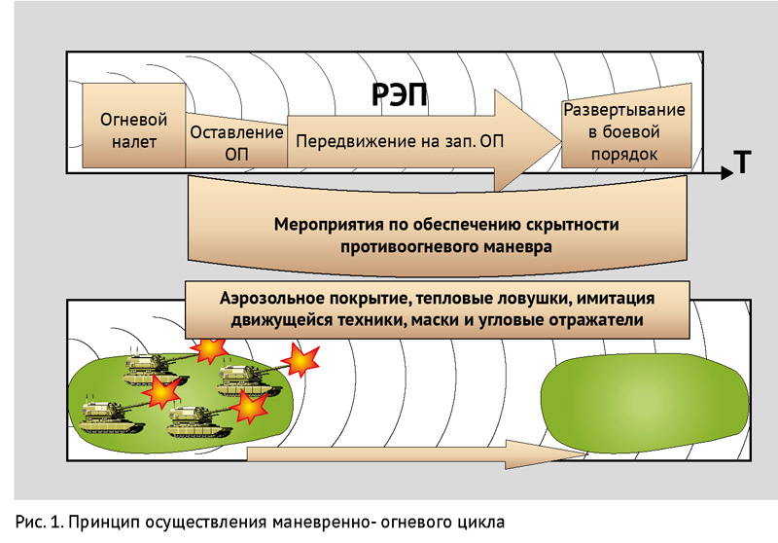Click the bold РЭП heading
point(399,94)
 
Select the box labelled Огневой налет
point(134,126)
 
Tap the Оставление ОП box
point(236,141)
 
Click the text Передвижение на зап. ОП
point(400,141)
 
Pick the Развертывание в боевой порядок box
point(626,127)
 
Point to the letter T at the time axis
point(742,162)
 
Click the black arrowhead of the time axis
point(726,172)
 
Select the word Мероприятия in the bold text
point(329,225)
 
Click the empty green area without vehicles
point(644,403)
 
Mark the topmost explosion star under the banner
point(210,349)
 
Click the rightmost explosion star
point(300,360)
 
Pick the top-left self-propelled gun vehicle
point(153,369)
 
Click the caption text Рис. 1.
point(40,523)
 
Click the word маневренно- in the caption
point(323,523)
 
